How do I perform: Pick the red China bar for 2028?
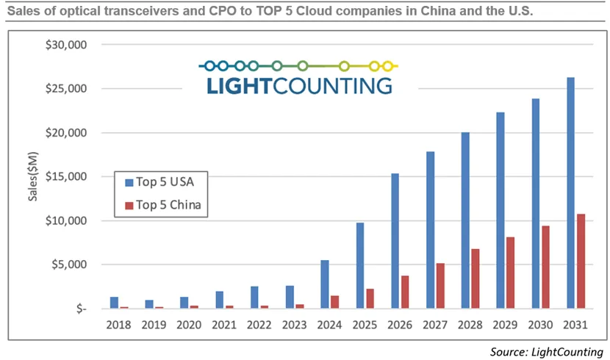tap(476, 278)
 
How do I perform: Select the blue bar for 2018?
tap(114, 303)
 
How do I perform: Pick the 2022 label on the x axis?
tap(259, 323)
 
